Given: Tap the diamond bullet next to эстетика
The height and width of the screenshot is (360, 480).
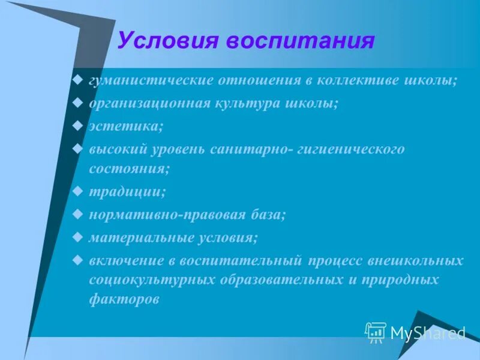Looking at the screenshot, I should tap(77, 126).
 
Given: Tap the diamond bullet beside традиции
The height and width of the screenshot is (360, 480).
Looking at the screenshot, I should tap(77, 191).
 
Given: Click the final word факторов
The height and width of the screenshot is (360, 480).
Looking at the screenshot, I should tap(124, 299).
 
